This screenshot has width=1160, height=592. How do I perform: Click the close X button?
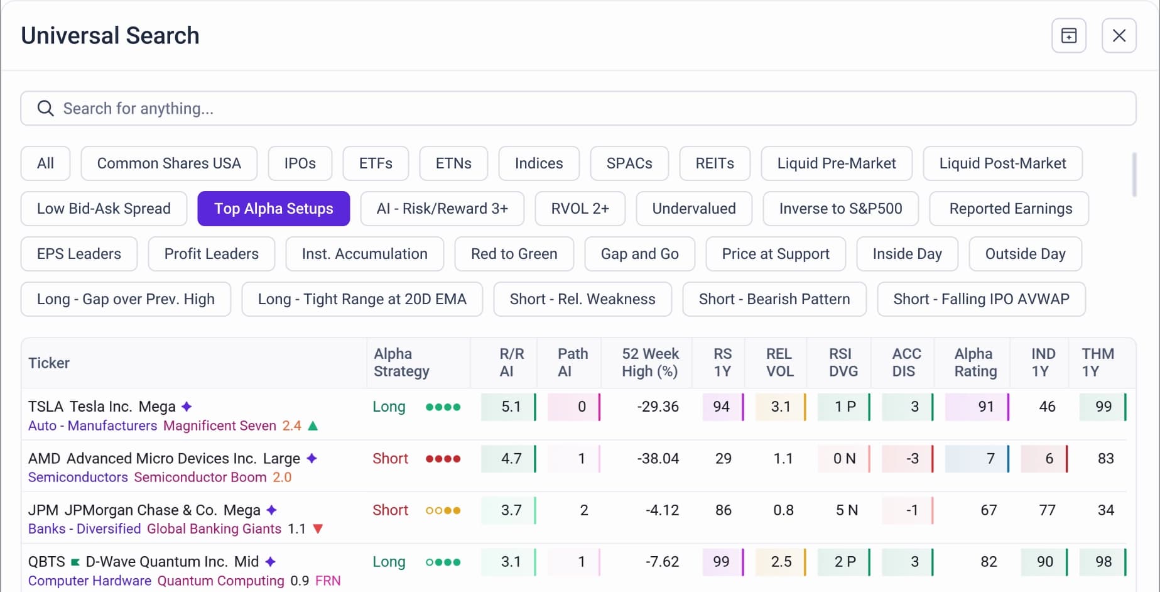(1119, 36)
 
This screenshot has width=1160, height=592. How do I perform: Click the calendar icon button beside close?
(1068, 36)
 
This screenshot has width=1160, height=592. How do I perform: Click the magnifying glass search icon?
(45, 108)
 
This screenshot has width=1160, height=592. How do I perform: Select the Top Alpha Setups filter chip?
(273, 209)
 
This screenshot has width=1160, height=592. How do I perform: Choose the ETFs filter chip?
(376, 163)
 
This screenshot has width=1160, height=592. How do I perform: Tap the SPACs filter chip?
(629, 163)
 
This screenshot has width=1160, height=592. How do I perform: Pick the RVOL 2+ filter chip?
(580, 209)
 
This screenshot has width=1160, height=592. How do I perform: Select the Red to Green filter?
(514, 254)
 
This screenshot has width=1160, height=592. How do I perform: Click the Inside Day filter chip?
(907, 254)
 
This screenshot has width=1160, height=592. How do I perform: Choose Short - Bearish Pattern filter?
(774, 299)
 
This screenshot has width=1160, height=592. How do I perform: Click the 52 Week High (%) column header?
(650, 363)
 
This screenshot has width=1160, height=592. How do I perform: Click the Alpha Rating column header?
(975, 363)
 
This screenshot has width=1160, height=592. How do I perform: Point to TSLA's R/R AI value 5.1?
(511, 407)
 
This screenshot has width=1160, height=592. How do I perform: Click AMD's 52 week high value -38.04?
(658, 458)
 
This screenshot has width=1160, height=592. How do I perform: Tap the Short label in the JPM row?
(390, 510)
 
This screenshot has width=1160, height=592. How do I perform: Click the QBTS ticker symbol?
(46, 561)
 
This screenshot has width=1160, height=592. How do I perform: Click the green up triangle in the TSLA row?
(313, 425)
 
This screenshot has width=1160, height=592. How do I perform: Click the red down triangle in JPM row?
(318, 529)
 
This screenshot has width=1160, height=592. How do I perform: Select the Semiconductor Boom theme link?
(200, 477)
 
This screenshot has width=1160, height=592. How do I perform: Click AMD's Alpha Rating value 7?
(990, 458)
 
